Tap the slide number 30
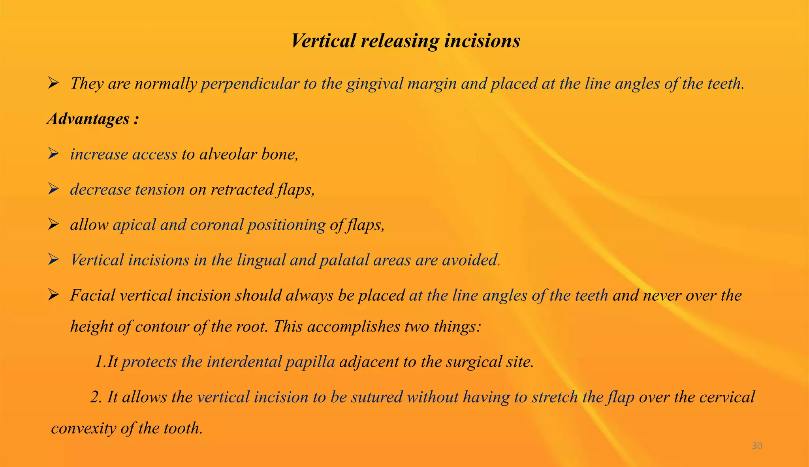(x=757, y=446)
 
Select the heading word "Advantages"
(x=88, y=119)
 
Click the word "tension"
(x=160, y=190)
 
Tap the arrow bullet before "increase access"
(x=53, y=154)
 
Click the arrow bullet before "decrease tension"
(x=53, y=190)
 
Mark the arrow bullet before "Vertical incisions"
(x=53, y=260)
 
